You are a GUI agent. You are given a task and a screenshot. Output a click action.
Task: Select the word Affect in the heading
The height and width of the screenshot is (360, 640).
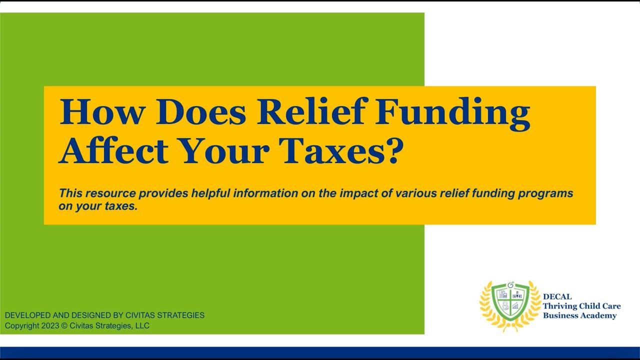(113, 150)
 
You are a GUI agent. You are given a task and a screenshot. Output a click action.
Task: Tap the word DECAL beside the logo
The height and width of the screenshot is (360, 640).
(557, 296)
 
